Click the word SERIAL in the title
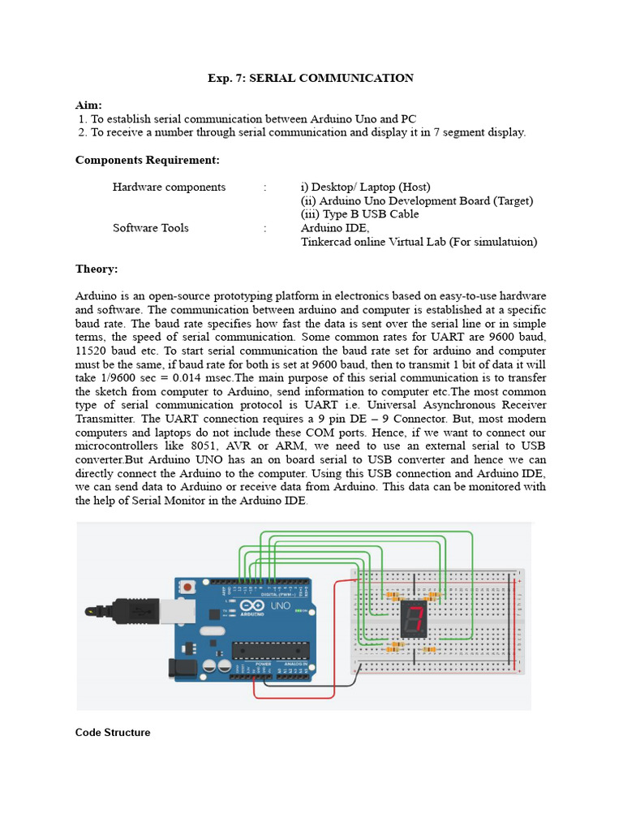273,78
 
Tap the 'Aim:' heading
88,105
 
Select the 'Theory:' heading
97,269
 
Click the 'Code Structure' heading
113,733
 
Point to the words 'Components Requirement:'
148,160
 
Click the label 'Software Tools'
150,228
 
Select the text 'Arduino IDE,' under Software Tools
335,228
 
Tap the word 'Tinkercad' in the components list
326,242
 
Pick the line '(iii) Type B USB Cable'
359,214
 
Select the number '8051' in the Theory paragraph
204,446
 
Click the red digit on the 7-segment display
415,618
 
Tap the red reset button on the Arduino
187,587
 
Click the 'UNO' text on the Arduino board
280,605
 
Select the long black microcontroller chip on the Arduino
271,651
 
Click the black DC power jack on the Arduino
181,669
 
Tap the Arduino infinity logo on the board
252,605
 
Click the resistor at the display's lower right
428,649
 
